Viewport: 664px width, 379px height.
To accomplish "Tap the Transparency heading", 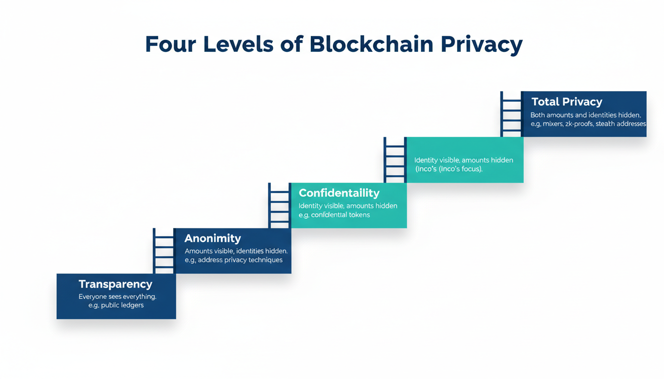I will point(116,284).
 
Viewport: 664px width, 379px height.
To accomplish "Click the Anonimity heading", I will point(212,238).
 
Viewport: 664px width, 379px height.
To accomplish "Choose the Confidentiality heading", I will point(339,193).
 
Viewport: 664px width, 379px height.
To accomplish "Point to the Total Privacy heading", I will point(567,102).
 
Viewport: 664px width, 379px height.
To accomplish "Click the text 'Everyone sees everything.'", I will point(118,297).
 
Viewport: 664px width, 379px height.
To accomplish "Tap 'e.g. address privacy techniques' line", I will point(234,260).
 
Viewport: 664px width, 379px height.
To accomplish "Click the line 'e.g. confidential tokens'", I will point(334,215).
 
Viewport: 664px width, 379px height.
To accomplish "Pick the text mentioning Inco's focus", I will point(449,169).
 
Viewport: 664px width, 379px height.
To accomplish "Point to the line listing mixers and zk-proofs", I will point(588,124).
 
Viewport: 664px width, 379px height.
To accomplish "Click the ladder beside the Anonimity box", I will point(164,250).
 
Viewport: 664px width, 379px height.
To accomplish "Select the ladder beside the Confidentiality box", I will point(279,205).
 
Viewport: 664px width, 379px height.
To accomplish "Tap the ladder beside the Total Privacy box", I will point(511,114).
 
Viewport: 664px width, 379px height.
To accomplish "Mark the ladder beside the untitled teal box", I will point(395,159).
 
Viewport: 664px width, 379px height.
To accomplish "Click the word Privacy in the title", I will point(481,44).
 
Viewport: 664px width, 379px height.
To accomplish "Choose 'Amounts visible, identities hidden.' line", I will point(236,251).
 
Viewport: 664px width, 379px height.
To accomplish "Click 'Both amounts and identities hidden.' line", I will point(585,115).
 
